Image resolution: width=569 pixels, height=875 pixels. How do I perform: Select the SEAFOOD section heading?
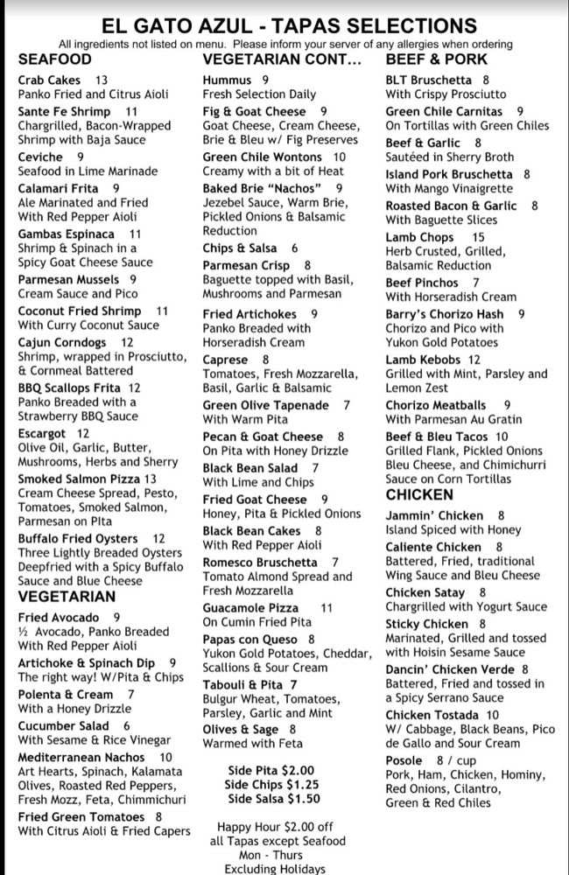pyautogui.click(x=54, y=59)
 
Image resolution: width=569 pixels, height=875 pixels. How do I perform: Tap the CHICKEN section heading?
pyautogui.click(x=419, y=495)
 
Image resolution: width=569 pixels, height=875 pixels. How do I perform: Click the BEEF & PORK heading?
pyautogui.click(x=436, y=59)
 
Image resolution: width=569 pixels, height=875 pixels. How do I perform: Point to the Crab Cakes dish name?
pyautogui.click(x=49, y=80)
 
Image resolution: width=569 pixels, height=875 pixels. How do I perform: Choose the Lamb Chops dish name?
pyautogui.click(x=419, y=237)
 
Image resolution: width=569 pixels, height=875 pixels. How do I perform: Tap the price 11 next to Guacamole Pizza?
pyautogui.click(x=327, y=607)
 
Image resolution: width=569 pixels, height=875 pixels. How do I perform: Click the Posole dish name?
pyautogui.click(x=404, y=760)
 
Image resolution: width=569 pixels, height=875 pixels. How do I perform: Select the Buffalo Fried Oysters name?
pyautogui.click(x=78, y=538)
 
